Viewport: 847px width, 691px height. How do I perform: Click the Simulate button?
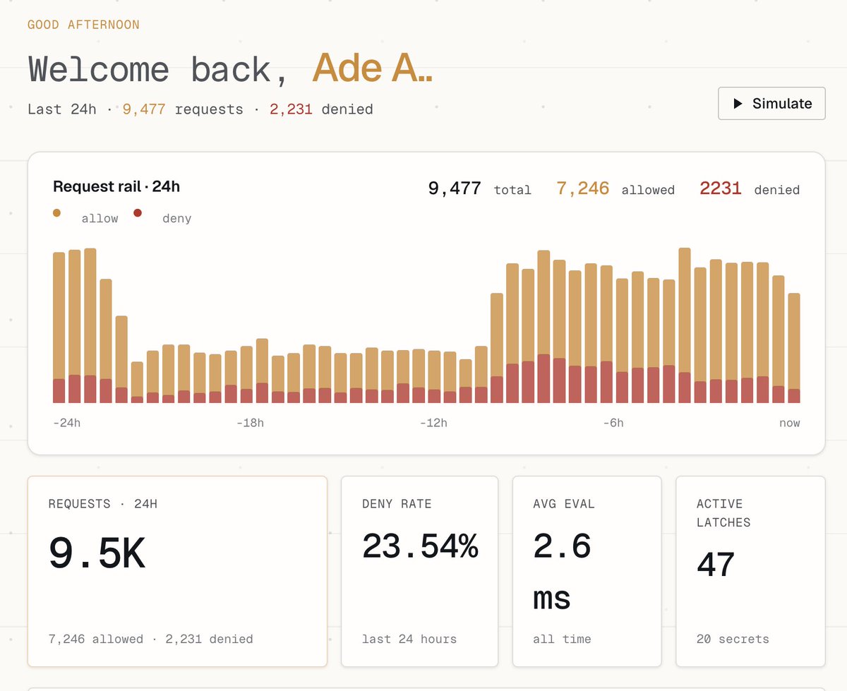(771, 103)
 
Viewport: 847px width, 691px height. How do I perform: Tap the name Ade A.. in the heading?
(372, 68)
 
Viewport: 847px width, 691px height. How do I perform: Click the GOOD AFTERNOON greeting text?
(83, 25)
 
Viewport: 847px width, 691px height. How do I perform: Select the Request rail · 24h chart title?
(116, 187)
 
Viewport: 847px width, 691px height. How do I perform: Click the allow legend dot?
(56, 212)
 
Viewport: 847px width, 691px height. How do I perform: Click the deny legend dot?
(138, 212)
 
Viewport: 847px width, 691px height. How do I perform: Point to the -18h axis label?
(250, 423)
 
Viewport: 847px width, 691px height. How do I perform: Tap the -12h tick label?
(433, 423)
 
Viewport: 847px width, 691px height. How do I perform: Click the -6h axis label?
(613, 423)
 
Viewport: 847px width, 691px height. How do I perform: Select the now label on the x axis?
(790, 423)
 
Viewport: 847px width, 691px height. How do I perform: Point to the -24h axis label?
(66, 423)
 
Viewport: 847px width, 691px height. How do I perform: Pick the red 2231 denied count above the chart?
(721, 188)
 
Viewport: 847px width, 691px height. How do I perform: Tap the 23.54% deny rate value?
(420, 546)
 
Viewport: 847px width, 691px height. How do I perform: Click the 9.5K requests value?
(97, 553)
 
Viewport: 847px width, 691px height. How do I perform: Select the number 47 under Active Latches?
(716, 564)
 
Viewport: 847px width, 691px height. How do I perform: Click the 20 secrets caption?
(733, 639)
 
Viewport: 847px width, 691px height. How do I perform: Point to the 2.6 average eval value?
(562, 546)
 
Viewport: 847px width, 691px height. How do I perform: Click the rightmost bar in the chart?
(794, 348)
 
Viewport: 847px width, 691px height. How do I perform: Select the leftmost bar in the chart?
(59, 328)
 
